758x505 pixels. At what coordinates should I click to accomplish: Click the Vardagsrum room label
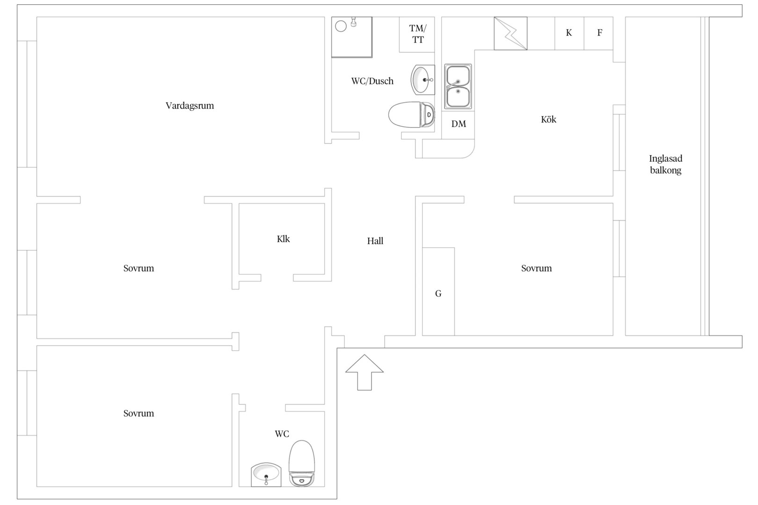[189, 106]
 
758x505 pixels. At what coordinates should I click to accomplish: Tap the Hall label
[375, 241]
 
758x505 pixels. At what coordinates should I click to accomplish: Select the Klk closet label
[283, 239]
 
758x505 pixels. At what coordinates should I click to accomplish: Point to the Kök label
[548, 119]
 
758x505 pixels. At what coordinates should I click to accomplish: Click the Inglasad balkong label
[665, 164]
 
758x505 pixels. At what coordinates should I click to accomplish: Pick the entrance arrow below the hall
[364, 372]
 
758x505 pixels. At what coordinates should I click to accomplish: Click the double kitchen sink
[458, 87]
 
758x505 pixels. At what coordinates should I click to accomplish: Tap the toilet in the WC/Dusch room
[411, 115]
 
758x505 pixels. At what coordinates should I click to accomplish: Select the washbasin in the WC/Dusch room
[423, 80]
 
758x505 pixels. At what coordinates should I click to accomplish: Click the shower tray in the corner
[351, 37]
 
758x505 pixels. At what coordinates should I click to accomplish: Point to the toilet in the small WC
[301, 463]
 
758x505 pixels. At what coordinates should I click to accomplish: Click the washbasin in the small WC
[266, 475]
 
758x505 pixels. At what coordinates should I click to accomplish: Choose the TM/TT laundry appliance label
[417, 34]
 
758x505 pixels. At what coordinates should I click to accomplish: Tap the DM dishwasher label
[459, 124]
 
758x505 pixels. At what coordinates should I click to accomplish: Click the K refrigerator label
[569, 32]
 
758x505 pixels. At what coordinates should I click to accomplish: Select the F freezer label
[600, 32]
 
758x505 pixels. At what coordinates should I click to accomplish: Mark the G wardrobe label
[438, 294]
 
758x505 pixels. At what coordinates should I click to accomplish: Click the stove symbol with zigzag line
[510, 34]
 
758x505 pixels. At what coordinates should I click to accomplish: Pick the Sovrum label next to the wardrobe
[536, 268]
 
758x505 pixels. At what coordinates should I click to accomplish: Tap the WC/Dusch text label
[372, 81]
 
